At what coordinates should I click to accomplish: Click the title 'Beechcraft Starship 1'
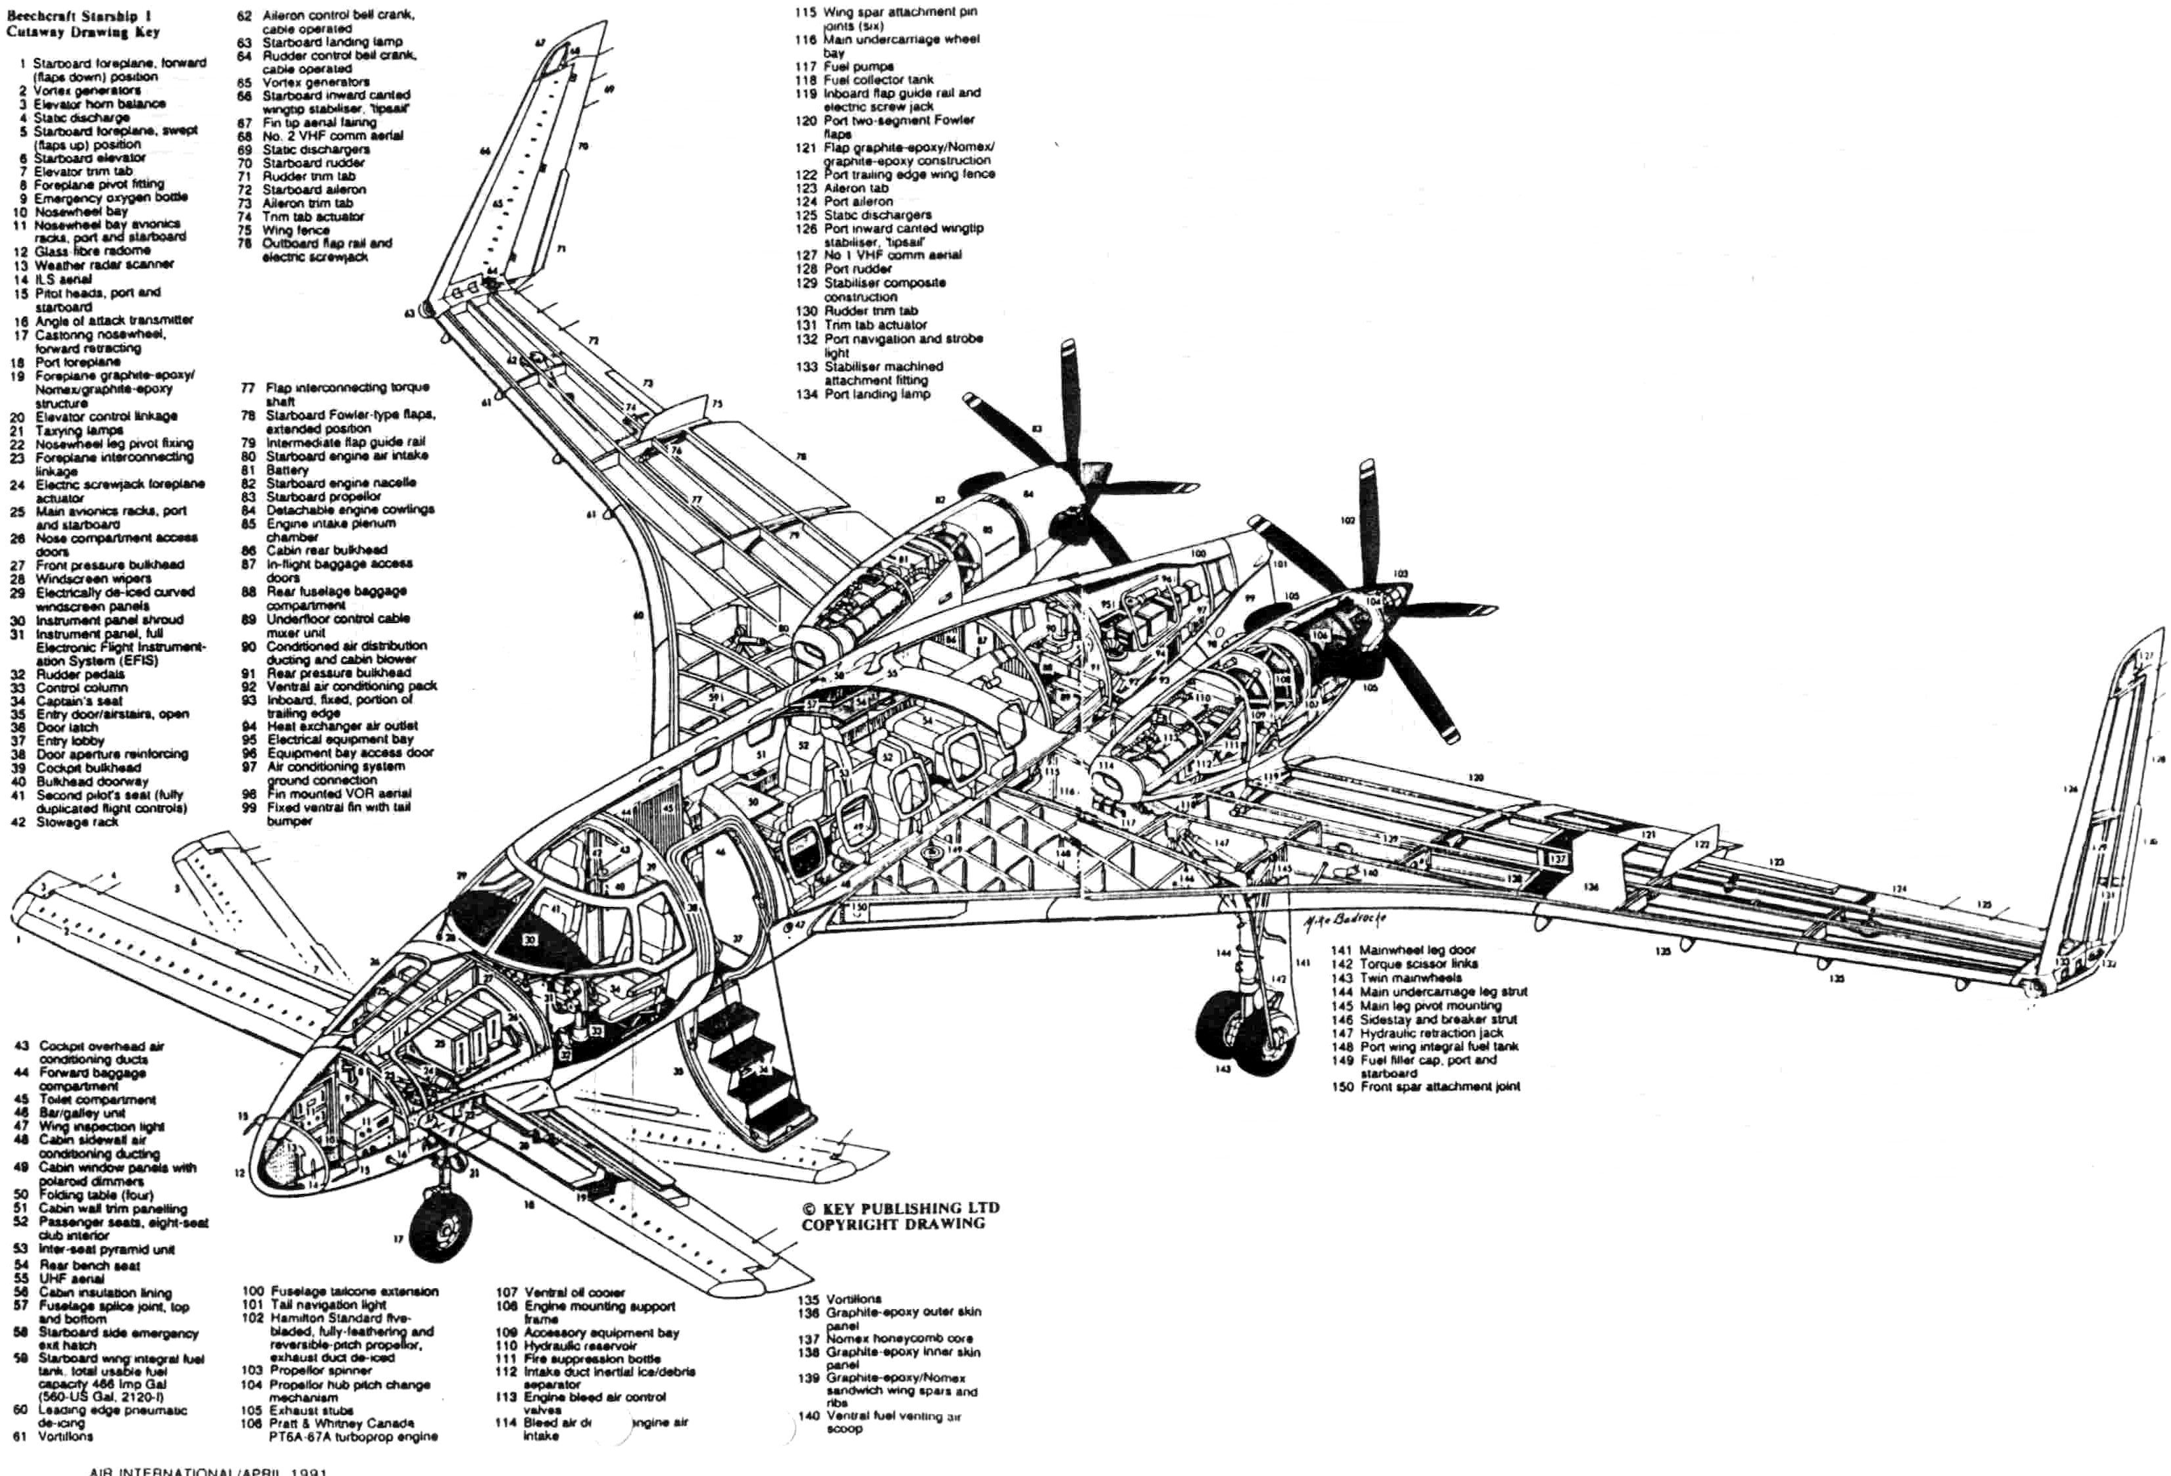click(x=80, y=16)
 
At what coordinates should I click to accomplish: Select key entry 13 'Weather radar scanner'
click(x=103, y=264)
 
